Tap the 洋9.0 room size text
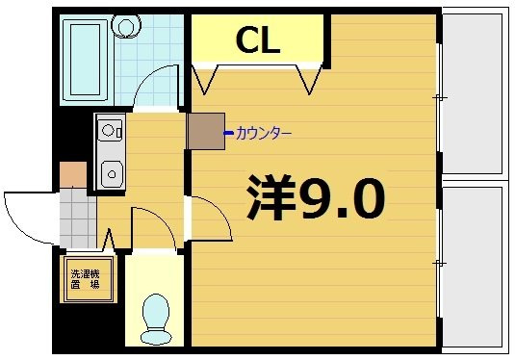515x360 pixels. click(x=316, y=197)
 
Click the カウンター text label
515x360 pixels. click(x=264, y=134)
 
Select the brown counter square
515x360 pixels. click(x=206, y=131)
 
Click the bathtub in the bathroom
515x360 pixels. click(x=85, y=60)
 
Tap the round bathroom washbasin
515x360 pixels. click(x=126, y=26)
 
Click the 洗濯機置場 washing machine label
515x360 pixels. click(x=86, y=279)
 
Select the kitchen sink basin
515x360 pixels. click(x=112, y=174)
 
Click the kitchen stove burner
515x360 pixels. click(x=108, y=130)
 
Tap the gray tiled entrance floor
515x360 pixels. click(x=78, y=219)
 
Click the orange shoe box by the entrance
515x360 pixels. click(x=73, y=175)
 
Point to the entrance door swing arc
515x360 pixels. click(x=19, y=226)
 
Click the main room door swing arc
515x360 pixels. click(x=219, y=210)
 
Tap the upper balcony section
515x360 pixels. click(x=473, y=93)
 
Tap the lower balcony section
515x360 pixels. click(x=473, y=267)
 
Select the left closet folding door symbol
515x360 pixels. click(x=205, y=80)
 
